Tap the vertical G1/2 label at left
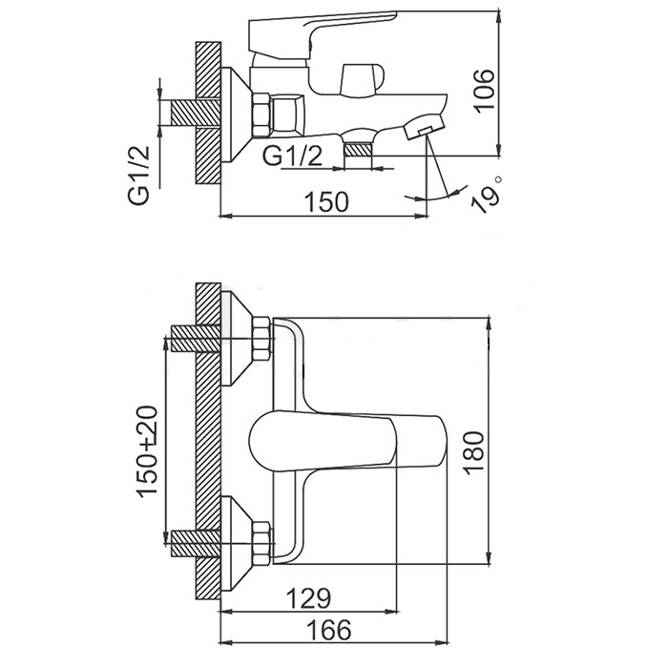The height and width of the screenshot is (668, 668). [x=140, y=172]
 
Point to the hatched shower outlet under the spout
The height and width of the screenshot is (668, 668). [x=358, y=149]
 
